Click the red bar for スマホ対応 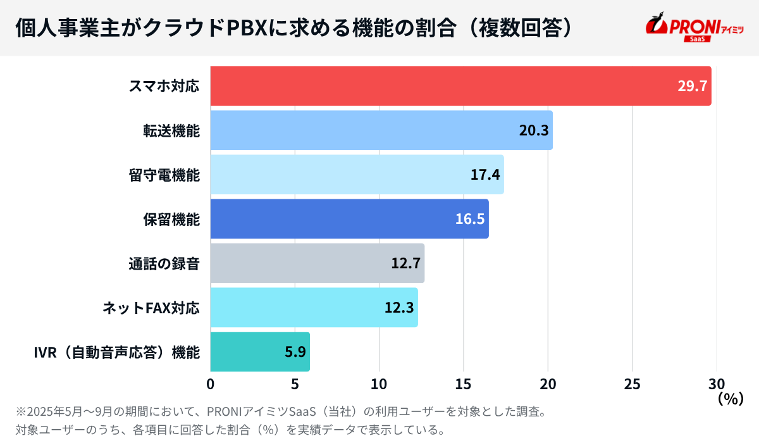tap(443, 86)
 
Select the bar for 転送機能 tap(367, 130)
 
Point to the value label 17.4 tap(485, 175)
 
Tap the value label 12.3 tap(399, 308)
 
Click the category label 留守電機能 tap(164, 175)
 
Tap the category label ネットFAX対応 tap(151, 308)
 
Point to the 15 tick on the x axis tap(464, 384)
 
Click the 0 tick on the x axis tap(211, 384)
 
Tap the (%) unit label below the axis tap(729, 399)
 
